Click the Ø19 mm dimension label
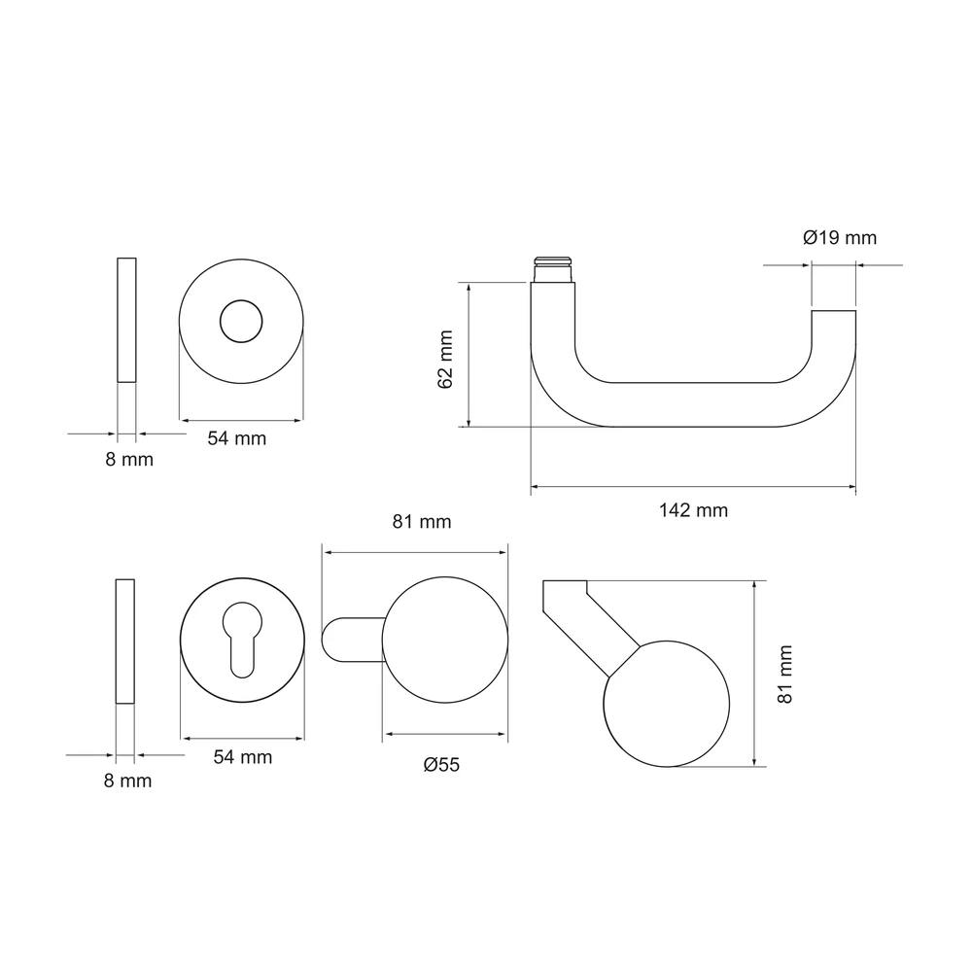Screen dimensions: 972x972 pos(840,237)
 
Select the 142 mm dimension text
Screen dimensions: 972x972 pos(693,510)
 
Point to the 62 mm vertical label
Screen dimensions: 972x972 pos(445,360)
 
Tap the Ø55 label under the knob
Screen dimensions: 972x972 pos(441,764)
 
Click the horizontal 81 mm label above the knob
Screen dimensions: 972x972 pos(422,521)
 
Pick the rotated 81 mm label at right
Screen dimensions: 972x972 pos(784,674)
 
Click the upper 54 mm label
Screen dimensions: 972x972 pos(237,438)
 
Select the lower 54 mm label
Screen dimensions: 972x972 pos(243,757)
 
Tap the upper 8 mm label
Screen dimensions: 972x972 pos(129,460)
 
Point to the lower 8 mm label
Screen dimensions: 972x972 pos(127,781)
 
